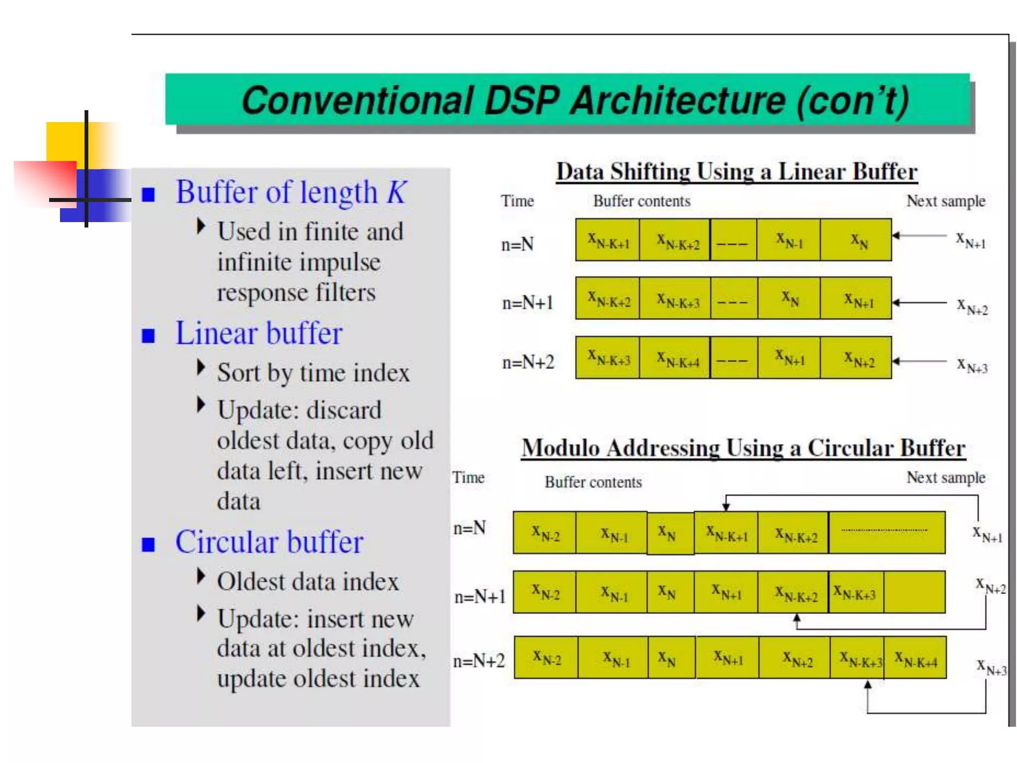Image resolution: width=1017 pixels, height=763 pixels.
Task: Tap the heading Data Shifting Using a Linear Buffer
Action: tap(736, 172)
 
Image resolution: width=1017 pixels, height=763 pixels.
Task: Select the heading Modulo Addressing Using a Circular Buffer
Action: tap(743, 448)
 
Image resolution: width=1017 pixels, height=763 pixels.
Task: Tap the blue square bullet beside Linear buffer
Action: tap(148, 336)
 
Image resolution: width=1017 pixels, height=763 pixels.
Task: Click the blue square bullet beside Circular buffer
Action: tap(148, 544)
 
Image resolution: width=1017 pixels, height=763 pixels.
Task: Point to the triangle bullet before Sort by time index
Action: tap(201, 368)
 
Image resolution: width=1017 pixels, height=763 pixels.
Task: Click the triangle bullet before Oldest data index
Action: tap(201, 576)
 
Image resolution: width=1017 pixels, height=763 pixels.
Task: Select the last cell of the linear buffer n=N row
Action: tap(856, 240)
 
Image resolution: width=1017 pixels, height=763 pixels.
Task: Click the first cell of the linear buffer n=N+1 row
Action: tap(608, 299)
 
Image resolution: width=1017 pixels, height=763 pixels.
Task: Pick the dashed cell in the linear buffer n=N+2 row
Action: tap(733, 358)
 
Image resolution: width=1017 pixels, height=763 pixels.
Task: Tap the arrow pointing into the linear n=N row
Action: tap(919, 235)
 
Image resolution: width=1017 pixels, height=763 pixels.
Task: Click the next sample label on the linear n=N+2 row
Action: tap(972, 365)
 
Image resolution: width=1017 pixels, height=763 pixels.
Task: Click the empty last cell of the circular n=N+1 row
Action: tap(914, 592)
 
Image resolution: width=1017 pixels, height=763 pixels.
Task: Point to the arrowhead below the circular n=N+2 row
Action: tap(868, 685)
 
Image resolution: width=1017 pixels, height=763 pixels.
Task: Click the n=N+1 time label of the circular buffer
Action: tap(480, 597)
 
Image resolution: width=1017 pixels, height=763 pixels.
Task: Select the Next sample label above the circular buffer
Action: tap(945, 477)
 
